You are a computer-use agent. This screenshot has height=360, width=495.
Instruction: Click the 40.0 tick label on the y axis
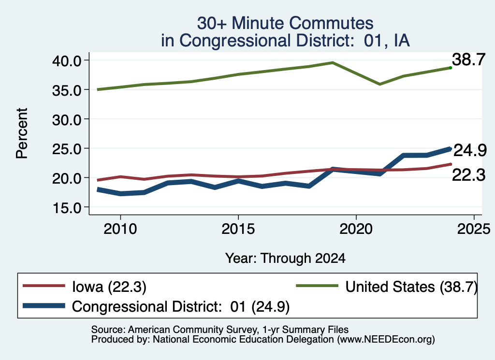click(67, 60)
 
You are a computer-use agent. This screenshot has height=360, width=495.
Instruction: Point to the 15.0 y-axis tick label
click(67, 208)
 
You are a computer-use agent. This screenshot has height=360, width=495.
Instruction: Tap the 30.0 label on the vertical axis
click(67, 119)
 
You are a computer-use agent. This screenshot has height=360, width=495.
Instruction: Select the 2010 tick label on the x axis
click(120, 229)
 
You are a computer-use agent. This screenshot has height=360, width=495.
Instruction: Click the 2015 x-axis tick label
click(238, 229)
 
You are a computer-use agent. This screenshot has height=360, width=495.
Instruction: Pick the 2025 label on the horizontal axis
click(474, 229)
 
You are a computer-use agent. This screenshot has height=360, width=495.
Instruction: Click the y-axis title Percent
click(22, 133)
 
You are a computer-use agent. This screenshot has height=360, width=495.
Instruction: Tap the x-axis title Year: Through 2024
click(285, 259)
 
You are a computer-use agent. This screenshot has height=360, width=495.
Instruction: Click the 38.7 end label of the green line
click(468, 59)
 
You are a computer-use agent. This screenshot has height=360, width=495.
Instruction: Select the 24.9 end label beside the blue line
click(470, 150)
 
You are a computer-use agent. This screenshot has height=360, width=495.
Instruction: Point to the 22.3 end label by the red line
click(468, 175)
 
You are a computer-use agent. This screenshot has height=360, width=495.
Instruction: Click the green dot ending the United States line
click(451, 68)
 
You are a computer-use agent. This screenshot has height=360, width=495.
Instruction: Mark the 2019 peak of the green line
click(333, 62)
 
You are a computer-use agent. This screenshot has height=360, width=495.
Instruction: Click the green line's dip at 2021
click(379, 84)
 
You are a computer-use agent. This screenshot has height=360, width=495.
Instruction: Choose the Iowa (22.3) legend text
click(109, 287)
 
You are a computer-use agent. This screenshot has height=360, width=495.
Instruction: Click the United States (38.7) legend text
click(411, 287)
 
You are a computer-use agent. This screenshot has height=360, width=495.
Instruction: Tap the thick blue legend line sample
click(44, 306)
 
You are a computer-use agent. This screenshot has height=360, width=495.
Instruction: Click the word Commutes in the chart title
click(331, 23)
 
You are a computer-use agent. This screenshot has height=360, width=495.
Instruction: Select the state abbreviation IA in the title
click(402, 41)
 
